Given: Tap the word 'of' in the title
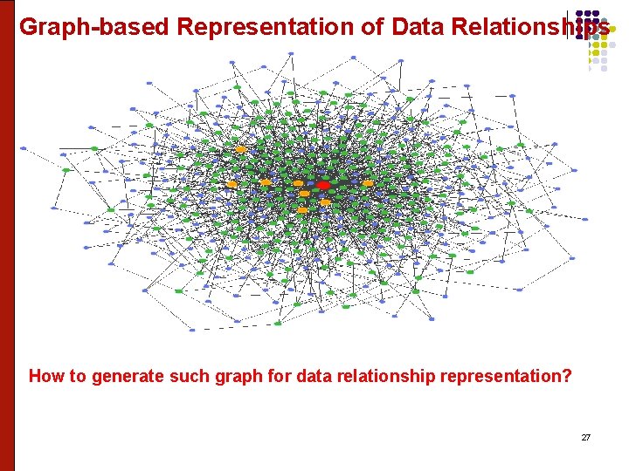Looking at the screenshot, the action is (373, 27).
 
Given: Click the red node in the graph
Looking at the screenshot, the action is (323, 185).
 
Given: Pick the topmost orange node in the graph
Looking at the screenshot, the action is (241, 150).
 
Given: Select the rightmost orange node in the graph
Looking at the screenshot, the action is (368, 183).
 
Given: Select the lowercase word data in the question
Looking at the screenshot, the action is (302, 377).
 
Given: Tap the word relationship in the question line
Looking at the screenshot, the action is (374, 377).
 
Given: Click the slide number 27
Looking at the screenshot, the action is (585, 437).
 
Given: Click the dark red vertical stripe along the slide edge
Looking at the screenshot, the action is (7, 235).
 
